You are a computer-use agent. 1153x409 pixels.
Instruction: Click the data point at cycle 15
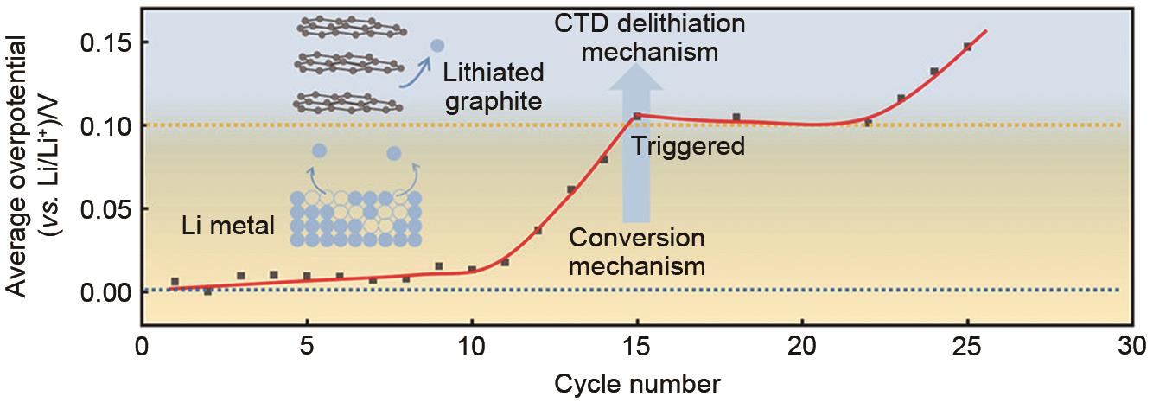(x=637, y=117)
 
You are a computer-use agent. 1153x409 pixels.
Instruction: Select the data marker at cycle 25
(x=967, y=47)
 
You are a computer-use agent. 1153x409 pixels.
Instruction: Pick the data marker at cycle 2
(x=207, y=291)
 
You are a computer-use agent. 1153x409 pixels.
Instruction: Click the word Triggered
(x=688, y=145)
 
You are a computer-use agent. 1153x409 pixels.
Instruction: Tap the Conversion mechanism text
(x=637, y=252)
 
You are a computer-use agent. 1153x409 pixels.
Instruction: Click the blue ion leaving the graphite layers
(x=437, y=45)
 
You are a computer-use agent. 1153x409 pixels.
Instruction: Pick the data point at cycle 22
(x=868, y=123)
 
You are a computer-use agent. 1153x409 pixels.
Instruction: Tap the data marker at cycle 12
(x=538, y=230)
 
